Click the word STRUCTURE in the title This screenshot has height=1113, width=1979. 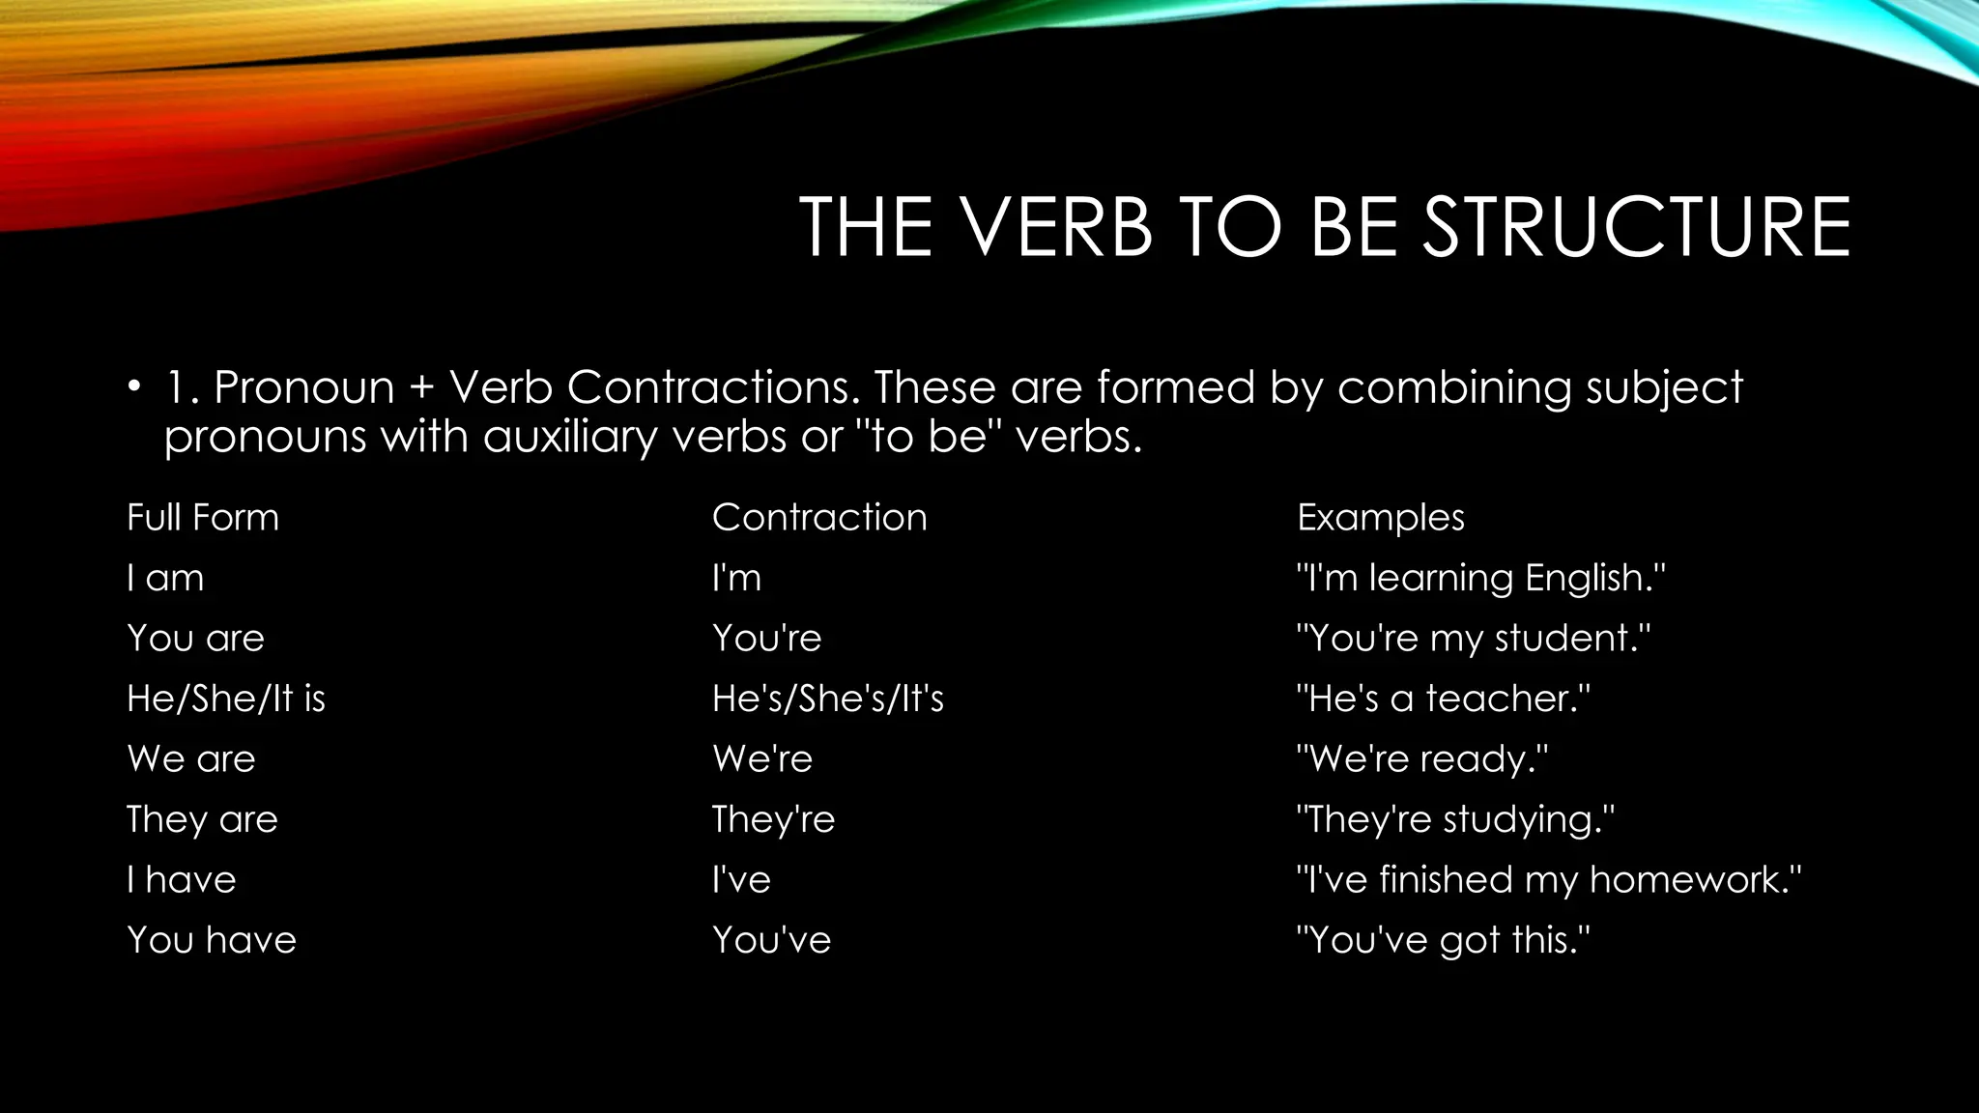click(1637, 227)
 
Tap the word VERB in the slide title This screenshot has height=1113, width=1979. click(1056, 227)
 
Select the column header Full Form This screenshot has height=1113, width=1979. click(203, 518)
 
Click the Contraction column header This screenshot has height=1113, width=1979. click(819, 518)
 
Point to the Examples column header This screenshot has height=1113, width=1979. click(1381, 518)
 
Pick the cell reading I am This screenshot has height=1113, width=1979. click(165, 578)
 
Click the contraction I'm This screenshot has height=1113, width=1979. click(736, 578)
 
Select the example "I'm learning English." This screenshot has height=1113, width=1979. click(1480, 578)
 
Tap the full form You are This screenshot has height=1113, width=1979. click(195, 639)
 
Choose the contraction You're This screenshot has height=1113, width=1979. click(766, 639)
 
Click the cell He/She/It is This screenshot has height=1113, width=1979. click(226, 699)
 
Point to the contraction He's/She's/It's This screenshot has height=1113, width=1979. click(828, 699)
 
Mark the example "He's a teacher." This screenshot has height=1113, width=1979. click(1443, 699)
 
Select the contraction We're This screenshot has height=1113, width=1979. click(762, 759)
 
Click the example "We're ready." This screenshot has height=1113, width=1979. click(1422, 759)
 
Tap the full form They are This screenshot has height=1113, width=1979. click(202, 819)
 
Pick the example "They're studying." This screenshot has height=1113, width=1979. click(1455, 819)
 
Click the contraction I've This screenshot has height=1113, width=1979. click(741, 880)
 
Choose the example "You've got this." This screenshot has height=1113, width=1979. click(1443, 940)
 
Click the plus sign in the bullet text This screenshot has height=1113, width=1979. click(421, 388)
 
